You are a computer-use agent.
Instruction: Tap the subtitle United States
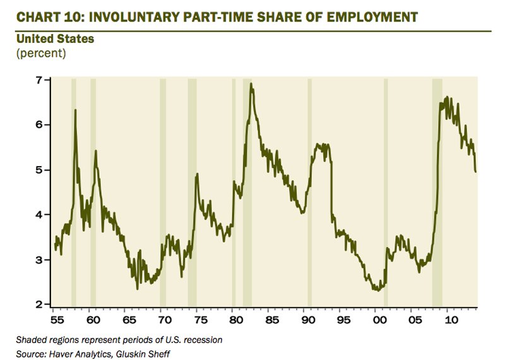click(x=55, y=39)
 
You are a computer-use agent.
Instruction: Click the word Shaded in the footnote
click(x=32, y=340)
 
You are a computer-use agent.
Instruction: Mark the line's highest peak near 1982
click(x=252, y=83)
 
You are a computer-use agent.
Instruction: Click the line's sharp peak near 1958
click(x=75, y=111)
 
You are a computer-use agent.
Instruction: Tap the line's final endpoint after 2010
click(x=475, y=171)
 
